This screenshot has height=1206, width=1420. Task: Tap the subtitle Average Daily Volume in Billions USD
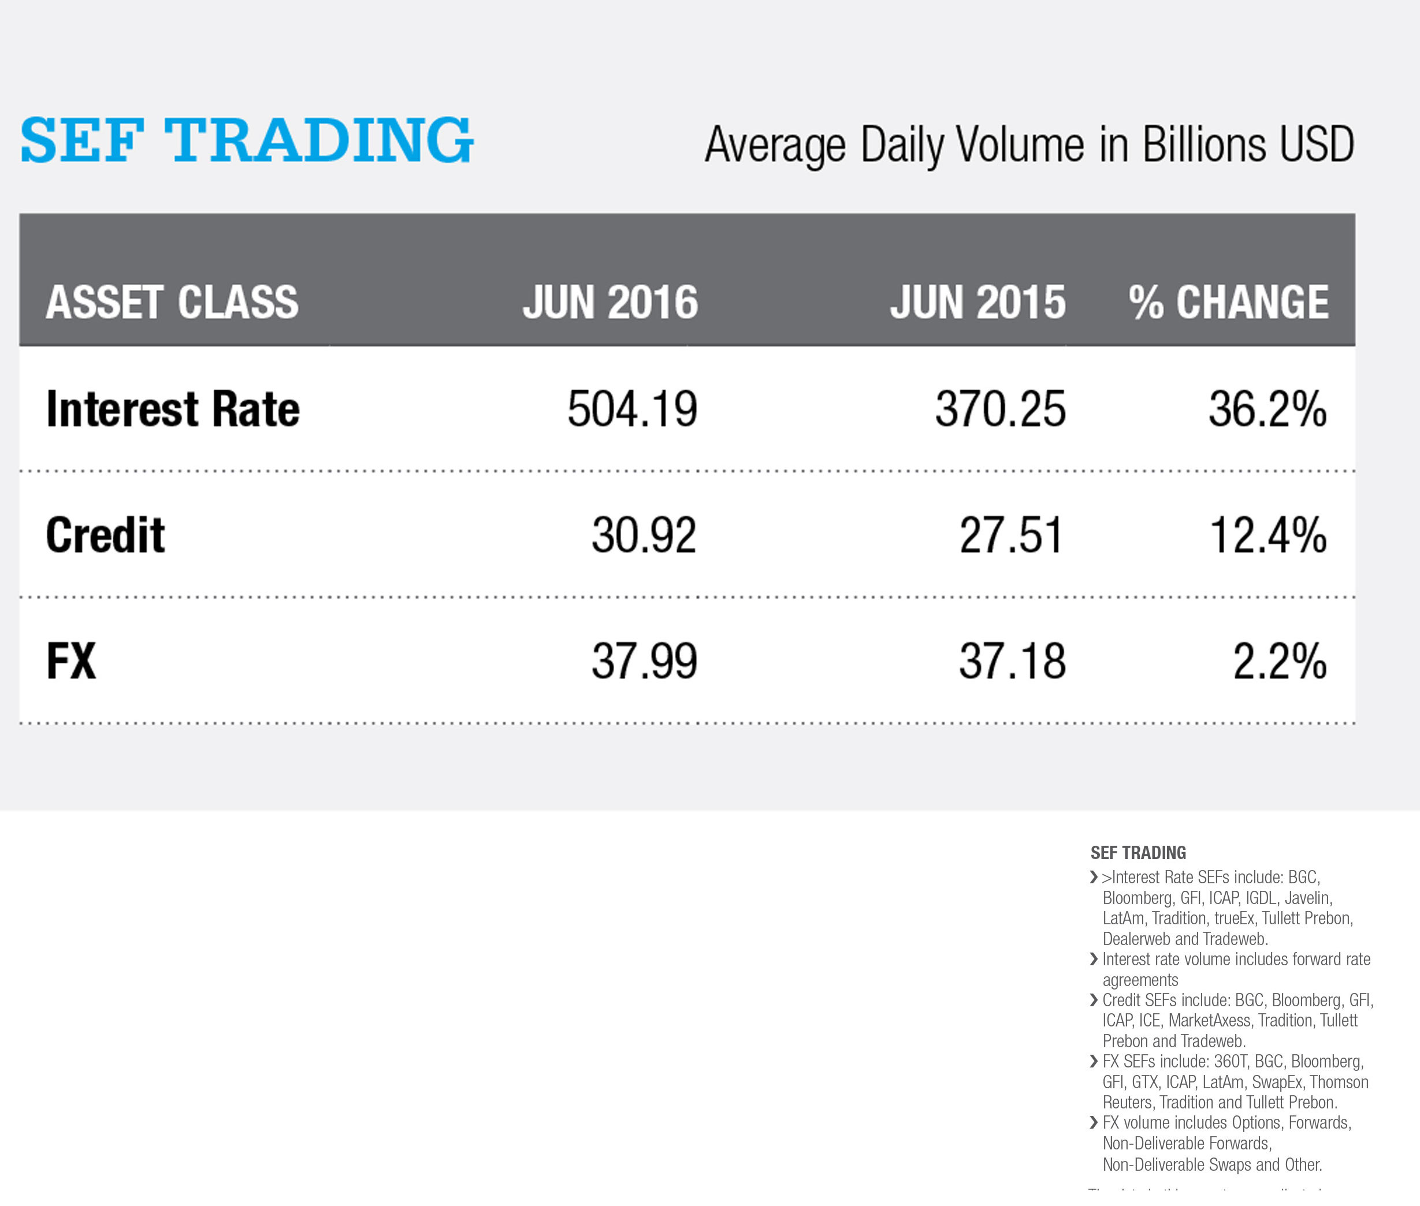coord(1029,145)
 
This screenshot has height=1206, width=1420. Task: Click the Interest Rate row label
coord(172,409)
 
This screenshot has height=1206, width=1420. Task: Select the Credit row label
coord(105,535)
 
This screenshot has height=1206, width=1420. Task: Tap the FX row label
coord(71,661)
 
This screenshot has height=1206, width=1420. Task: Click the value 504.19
coord(632,409)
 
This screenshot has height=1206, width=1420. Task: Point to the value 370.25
coord(1000,409)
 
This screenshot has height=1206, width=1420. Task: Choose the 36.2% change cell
coord(1267,409)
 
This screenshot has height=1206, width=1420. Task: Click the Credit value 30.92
coord(644,535)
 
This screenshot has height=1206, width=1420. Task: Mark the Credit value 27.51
coord(1012,535)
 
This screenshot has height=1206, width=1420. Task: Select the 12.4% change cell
coord(1268,535)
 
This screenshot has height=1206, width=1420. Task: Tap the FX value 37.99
coord(644,661)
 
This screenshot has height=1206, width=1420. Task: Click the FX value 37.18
coord(1012,661)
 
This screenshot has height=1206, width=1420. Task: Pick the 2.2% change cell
coord(1279,661)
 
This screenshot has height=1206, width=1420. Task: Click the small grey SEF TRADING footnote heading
coord(1138,853)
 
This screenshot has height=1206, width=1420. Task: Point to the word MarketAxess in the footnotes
coord(1209,1021)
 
